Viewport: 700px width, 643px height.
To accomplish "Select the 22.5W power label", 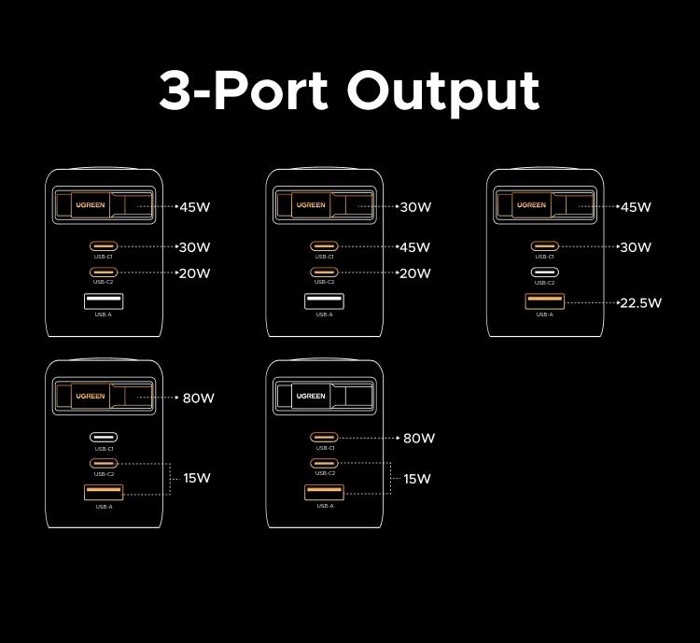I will [641, 302].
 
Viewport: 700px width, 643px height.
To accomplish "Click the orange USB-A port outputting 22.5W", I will [544, 301].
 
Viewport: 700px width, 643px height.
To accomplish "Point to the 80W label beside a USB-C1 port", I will [419, 438].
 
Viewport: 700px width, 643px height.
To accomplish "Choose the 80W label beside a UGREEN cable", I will [198, 398].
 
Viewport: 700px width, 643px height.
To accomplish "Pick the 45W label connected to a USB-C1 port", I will [415, 247].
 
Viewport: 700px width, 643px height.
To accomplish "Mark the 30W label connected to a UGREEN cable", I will [415, 207].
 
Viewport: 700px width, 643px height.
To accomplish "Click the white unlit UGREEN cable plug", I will [311, 396].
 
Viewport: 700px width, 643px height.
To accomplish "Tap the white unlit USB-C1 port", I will [104, 437].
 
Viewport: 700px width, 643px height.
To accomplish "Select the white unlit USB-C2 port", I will [544, 273].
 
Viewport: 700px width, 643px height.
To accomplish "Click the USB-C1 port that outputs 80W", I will [324, 437].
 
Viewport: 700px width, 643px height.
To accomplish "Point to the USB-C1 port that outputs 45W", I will [324, 246].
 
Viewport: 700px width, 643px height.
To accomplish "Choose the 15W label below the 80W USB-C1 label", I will [417, 479].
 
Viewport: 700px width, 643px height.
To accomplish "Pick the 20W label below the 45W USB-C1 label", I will [415, 273].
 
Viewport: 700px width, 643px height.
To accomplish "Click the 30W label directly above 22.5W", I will [636, 247].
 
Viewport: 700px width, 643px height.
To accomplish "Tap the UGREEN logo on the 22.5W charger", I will [531, 205].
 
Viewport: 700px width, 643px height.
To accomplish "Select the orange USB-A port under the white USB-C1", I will [104, 493].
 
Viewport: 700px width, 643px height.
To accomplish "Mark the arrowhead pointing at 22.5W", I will [619, 302].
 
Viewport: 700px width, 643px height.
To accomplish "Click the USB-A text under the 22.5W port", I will [544, 315].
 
